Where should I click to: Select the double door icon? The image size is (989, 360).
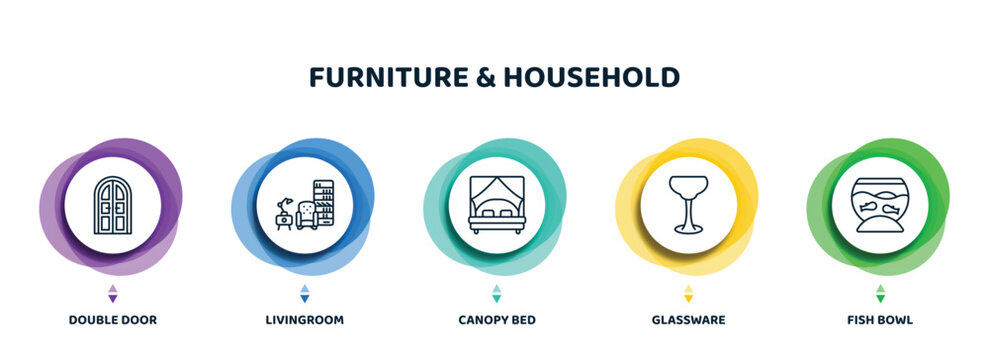point(112,205)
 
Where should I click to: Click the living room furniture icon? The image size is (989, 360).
point(304,206)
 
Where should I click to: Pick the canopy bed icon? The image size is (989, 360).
point(496,205)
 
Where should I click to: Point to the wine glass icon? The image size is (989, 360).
point(688,205)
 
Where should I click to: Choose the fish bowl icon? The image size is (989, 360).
point(880,205)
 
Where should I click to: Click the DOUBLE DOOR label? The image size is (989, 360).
point(112,320)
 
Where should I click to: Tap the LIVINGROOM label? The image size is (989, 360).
point(304,320)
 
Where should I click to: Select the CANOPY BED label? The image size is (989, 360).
point(496,320)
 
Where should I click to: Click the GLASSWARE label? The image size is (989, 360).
point(688,320)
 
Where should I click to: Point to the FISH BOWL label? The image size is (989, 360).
point(880,320)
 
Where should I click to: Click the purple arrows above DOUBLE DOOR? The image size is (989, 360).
point(112,293)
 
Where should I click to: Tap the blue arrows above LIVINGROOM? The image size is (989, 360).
point(304,293)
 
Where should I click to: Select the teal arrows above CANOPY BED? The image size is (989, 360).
point(496,293)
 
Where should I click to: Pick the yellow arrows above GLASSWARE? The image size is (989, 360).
point(688,293)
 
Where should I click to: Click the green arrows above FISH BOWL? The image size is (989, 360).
point(880,293)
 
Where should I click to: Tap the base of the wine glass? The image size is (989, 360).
point(688,230)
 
